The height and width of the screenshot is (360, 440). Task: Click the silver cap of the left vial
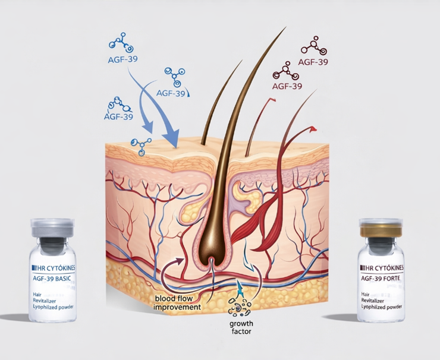click(x=54, y=228)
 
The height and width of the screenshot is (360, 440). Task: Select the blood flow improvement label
click(x=177, y=302)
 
